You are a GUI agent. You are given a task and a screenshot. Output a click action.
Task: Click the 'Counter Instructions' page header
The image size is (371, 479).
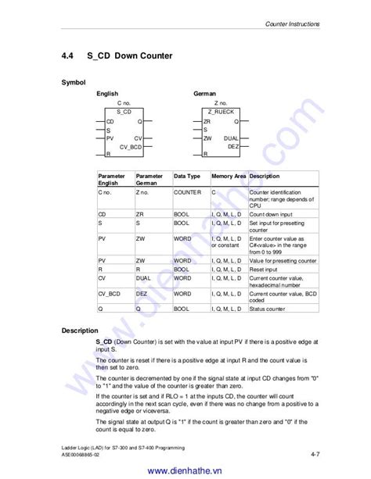pos(293,24)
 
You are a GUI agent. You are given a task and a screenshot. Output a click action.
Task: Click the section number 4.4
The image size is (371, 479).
pos(68,56)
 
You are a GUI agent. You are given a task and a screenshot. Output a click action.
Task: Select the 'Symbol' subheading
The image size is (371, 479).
pos(74,82)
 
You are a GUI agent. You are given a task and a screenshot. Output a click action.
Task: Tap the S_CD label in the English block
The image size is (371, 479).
pos(124,112)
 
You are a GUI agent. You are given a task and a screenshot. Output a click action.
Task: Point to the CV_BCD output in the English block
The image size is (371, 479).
pos(131,146)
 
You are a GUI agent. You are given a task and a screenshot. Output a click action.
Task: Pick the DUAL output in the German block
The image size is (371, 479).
pos(231,138)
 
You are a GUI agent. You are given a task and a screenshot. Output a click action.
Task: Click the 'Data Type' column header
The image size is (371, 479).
pos(187,177)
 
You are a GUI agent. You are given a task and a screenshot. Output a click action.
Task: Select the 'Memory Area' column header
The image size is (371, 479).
pos(228,177)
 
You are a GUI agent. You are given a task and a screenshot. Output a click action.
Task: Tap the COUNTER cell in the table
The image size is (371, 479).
pos(188,191)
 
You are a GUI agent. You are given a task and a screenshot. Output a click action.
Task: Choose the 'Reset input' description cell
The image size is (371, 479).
pos(265,268)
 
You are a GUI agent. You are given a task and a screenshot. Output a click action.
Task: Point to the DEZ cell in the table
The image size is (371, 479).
pos(142,293)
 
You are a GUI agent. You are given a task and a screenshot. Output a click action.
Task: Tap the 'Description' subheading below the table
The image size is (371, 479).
pos(81,331)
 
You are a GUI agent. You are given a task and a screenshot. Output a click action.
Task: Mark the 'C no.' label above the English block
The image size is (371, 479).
pos(124,102)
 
